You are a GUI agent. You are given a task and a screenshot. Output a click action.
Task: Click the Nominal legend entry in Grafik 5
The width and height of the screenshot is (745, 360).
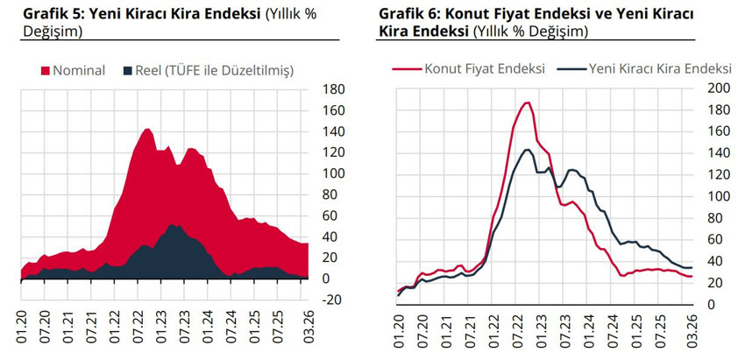tap(79, 70)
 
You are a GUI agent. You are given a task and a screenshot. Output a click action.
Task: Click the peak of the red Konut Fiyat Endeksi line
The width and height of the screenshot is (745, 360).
tap(527, 102)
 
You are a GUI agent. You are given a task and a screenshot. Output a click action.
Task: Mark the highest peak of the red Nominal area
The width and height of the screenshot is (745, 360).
tap(145, 129)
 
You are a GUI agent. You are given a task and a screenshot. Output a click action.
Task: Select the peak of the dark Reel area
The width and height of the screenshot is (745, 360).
tap(174, 225)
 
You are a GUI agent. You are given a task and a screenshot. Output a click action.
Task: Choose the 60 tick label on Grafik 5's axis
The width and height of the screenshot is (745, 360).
tap(333, 215)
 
